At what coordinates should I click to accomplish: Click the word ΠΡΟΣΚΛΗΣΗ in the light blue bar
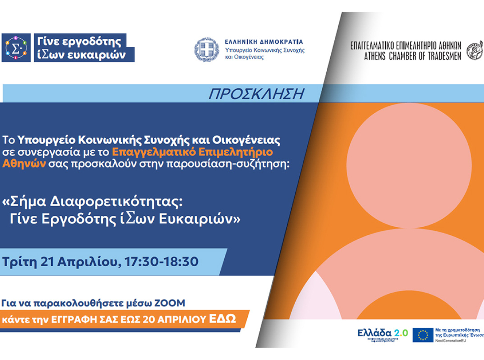click(x=256, y=94)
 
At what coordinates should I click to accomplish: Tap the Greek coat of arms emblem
click(x=207, y=50)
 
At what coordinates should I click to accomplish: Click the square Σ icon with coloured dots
click(x=16, y=48)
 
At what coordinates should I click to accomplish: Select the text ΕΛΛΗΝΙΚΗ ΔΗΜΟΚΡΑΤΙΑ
click(x=264, y=42)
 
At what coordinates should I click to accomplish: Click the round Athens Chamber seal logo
click(x=475, y=50)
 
